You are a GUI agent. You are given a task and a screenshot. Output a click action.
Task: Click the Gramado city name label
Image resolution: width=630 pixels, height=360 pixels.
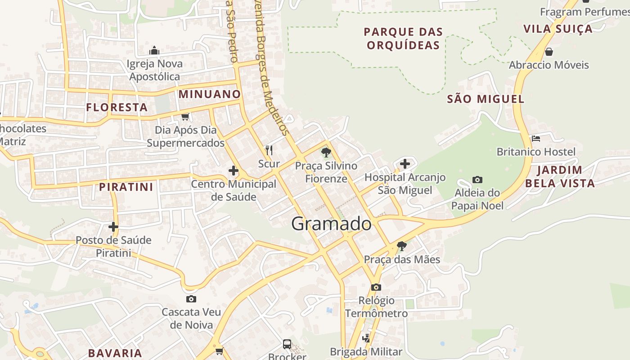coord(332,224)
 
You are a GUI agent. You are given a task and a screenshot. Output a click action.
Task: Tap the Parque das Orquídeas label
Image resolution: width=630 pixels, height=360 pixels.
coord(403,38)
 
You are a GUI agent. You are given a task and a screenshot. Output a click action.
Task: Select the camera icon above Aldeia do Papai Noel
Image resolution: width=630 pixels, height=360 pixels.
coord(477,180)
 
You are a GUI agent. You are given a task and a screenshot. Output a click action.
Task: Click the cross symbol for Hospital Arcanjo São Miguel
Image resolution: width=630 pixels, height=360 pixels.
coord(405,164)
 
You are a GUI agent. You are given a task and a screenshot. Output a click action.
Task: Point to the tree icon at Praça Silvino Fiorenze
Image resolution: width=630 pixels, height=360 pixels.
coord(326,153)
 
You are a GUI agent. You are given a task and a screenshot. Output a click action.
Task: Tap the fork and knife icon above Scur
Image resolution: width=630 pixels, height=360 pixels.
coord(269,150)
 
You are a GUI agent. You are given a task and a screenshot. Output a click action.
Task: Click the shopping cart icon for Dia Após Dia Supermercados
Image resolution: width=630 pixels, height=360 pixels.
coord(185,117)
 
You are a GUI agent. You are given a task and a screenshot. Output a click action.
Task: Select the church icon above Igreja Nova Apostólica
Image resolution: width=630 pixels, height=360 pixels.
coord(154,50)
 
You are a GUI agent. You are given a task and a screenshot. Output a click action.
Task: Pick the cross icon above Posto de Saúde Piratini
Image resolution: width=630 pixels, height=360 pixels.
coord(113,226)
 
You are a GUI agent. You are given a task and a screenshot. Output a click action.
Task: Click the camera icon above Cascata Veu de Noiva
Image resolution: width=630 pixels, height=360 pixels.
coord(191,299)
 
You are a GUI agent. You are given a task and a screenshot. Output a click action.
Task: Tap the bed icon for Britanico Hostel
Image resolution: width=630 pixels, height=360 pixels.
coord(535,138)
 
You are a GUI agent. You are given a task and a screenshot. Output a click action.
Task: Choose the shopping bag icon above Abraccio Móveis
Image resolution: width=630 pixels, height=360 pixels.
coord(549,51)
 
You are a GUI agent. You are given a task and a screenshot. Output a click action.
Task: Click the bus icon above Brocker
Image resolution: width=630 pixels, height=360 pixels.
coord(287,344)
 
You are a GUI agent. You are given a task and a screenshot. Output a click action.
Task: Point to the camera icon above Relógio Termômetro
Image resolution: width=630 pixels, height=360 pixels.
coord(376,287)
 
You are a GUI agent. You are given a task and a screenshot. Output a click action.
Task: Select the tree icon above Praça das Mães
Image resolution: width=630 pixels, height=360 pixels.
coord(402,246)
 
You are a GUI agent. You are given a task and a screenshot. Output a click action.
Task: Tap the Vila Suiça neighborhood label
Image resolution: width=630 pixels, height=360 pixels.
coord(558,29)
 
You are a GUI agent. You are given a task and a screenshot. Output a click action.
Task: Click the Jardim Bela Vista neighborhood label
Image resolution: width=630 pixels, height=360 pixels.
coord(560,176)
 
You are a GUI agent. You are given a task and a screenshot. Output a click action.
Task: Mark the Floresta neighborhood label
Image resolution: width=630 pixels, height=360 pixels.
coord(117,107)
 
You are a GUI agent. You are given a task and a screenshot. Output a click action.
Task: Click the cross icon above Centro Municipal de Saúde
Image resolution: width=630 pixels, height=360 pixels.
coord(234,171)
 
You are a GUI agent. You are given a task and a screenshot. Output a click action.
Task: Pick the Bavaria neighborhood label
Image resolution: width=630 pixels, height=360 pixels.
coord(115,353)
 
